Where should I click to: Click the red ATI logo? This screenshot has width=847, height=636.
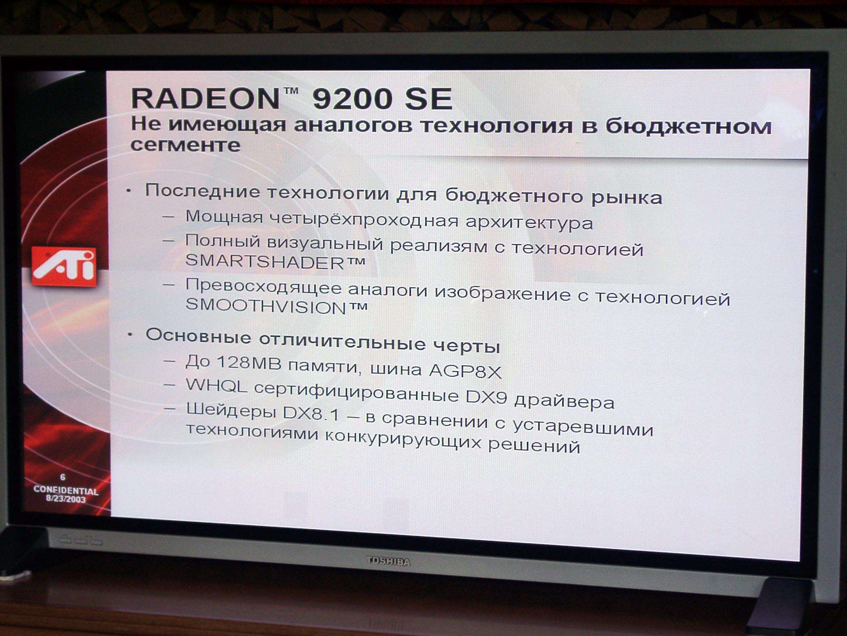point(64,267)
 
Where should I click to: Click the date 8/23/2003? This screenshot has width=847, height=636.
point(66,499)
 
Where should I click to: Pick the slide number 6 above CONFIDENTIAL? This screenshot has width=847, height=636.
point(63,477)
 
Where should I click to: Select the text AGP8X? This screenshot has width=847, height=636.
point(465,371)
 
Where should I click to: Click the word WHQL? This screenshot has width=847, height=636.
point(216,385)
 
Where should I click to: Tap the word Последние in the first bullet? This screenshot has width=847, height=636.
point(203,191)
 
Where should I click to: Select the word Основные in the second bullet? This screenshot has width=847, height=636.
point(199,336)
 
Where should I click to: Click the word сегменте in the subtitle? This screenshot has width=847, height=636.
point(185,145)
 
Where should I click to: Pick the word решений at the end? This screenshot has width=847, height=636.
point(534,446)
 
